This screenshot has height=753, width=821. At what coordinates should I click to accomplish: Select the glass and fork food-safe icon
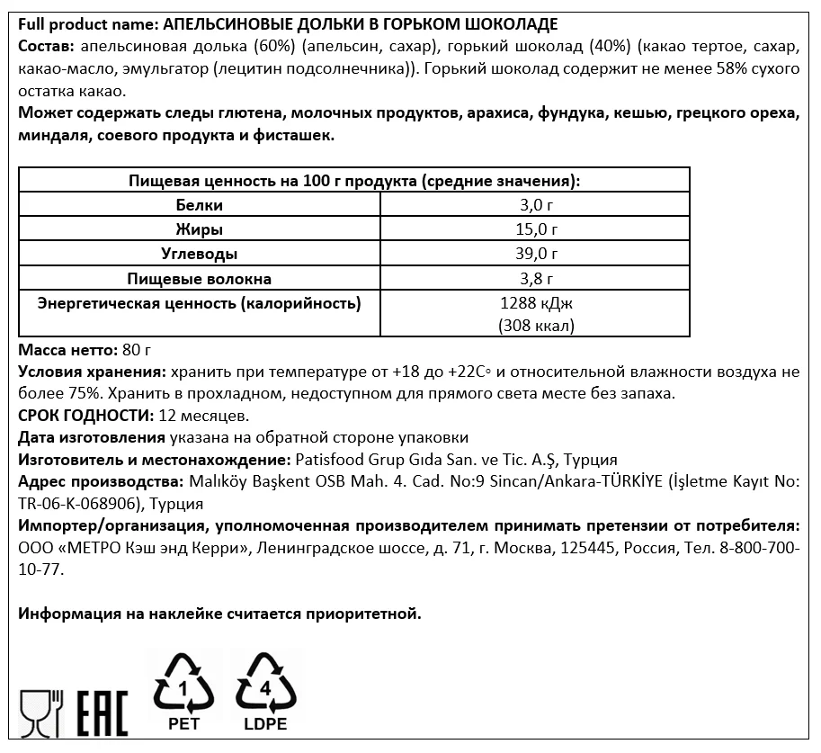coord(41,713)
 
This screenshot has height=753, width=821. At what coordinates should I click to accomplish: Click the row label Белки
coord(199,205)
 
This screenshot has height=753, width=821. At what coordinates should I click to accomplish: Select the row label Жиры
coord(199,229)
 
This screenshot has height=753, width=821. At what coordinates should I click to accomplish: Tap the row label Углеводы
coord(199,254)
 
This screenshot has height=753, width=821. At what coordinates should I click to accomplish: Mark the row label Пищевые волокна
coord(199,278)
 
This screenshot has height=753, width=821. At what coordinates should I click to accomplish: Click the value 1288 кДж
coord(535,303)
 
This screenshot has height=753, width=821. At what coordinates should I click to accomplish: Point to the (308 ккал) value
coord(535,326)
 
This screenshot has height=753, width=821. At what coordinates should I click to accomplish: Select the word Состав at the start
coord(41,46)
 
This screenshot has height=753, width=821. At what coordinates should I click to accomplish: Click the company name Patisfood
coord(329,460)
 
